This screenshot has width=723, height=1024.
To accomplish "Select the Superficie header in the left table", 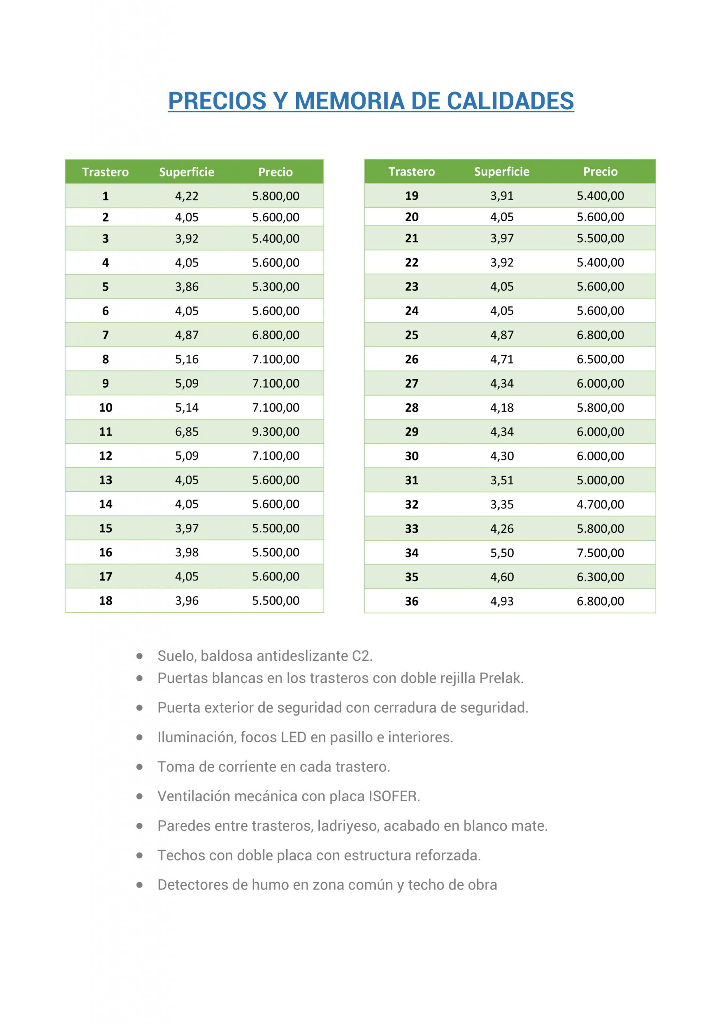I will coord(186,172).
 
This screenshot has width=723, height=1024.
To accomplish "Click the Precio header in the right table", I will coord(600,172).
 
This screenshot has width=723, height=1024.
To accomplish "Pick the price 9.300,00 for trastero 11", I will coord(275,431).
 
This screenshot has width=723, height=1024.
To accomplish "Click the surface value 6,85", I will coord(186,431).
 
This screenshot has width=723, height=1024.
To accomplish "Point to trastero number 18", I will coord(106,600).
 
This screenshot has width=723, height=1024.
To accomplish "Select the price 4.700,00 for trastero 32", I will coord(600,504).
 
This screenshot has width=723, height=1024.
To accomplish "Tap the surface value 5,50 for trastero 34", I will coord(502,553).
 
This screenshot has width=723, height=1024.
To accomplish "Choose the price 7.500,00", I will coord(600,553).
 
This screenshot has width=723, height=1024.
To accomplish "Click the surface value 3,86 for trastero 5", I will coord(186,287).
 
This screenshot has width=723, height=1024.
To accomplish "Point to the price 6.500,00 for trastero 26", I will coord(600,359).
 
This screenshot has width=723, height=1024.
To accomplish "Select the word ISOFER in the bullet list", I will coord(394,796).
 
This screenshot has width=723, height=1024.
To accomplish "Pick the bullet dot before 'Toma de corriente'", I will coord(139,767).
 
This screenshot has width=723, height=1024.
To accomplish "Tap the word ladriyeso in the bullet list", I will coord(348,826).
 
